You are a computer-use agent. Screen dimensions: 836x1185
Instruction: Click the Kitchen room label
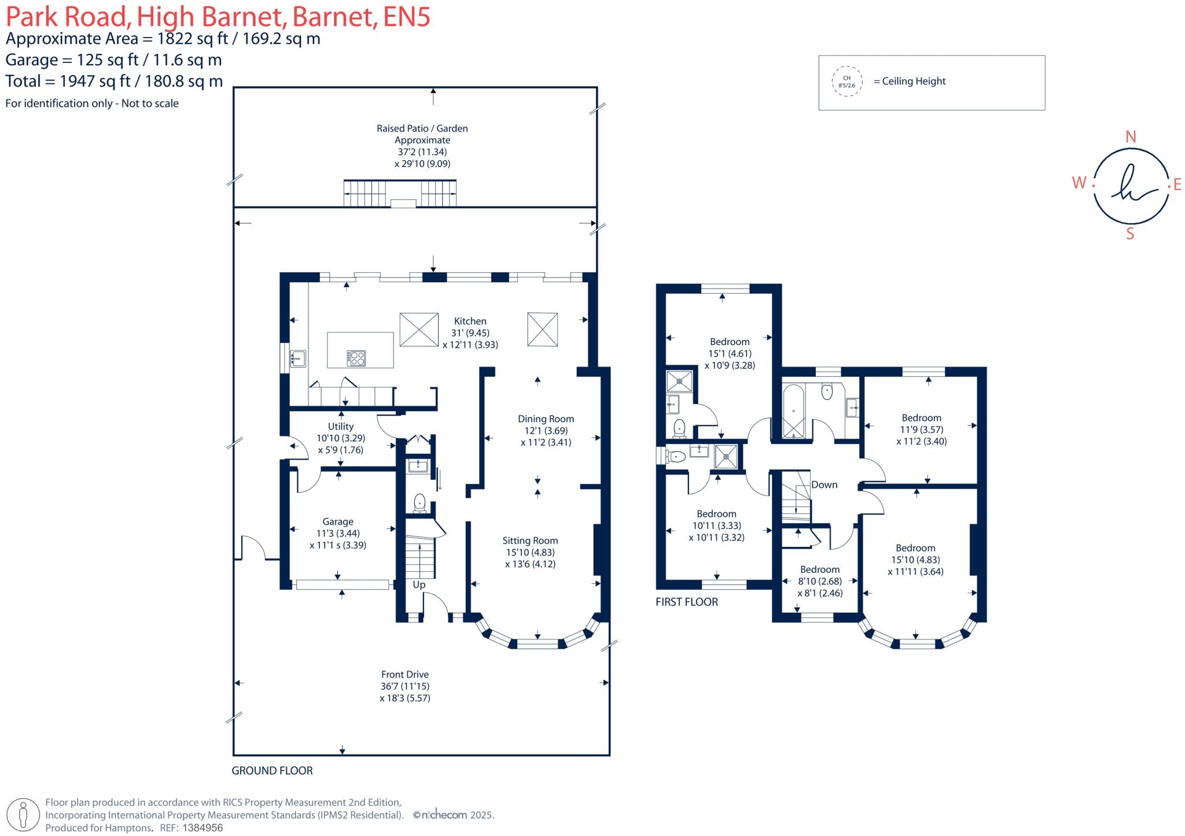tap(470, 321)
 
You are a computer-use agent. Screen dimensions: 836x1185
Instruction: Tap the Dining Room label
tap(546, 419)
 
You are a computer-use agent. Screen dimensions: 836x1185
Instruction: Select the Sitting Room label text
tap(530, 541)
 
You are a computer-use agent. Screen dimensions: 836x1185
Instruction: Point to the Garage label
tap(338, 521)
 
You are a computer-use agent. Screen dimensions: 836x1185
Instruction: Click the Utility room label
tap(340, 426)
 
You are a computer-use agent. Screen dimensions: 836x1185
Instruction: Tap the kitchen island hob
tap(356, 358)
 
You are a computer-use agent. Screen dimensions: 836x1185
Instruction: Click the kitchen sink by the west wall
tap(297, 358)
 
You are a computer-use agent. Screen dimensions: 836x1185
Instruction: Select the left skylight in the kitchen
tap(419, 330)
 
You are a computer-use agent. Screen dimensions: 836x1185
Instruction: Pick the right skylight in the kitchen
tap(542, 330)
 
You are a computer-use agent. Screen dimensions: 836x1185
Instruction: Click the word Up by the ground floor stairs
tap(419, 585)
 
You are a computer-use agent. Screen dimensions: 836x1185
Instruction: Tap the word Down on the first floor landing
tap(824, 484)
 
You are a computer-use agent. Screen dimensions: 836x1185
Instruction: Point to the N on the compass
tap(1130, 137)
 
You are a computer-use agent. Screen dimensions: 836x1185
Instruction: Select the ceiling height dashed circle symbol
tap(847, 82)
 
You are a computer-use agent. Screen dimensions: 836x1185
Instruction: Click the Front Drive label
tap(404, 674)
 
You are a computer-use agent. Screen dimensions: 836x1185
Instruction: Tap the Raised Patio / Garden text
tap(422, 128)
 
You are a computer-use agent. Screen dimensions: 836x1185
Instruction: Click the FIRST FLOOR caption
tap(686, 602)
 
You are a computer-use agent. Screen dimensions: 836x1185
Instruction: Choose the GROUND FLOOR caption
tap(272, 771)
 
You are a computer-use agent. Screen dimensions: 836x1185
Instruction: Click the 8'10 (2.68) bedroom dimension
tap(820, 581)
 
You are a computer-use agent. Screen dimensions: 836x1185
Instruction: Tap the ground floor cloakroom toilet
tap(420, 503)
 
